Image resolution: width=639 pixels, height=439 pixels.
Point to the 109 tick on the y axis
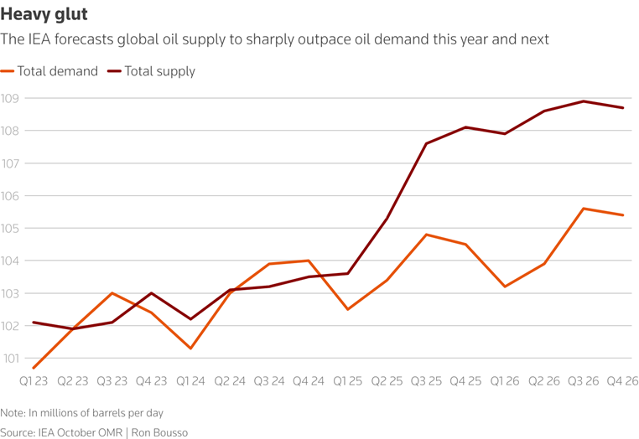click(10, 98)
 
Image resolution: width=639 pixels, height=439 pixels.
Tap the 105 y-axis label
click(10, 228)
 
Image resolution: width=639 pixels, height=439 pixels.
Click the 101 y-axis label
click(10, 359)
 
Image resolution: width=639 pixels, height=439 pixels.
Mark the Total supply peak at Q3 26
click(584, 101)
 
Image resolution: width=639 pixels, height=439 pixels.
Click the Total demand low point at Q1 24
click(192, 349)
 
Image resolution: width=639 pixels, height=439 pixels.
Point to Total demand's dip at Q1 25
click(348, 309)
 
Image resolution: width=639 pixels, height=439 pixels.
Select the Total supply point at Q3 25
click(426, 143)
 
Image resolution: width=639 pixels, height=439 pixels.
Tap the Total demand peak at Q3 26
click(584, 209)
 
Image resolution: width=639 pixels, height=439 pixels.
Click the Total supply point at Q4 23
click(152, 293)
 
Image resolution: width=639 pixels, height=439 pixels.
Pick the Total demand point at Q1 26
click(505, 287)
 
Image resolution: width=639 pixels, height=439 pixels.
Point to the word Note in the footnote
click(13, 412)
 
